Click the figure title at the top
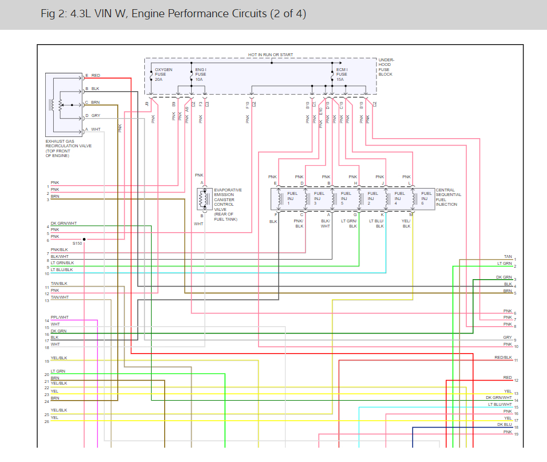tap(173, 14)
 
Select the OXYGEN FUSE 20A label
tap(163, 75)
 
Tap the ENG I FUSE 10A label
tap(201, 75)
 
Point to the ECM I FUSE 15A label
tap(342, 75)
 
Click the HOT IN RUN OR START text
tap(270, 55)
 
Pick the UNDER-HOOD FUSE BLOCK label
tap(386, 67)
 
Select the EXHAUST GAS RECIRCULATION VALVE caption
tap(68, 148)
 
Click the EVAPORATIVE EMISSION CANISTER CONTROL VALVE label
tap(227, 205)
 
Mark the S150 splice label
tap(77, 244)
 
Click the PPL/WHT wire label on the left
tap(60, 318)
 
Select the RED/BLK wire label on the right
tap(503, 357)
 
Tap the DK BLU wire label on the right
tap(504, 424)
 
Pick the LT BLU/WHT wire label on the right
tap(500, 404)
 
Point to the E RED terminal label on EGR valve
tap(93, 76)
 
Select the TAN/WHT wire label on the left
tap(60, 297)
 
